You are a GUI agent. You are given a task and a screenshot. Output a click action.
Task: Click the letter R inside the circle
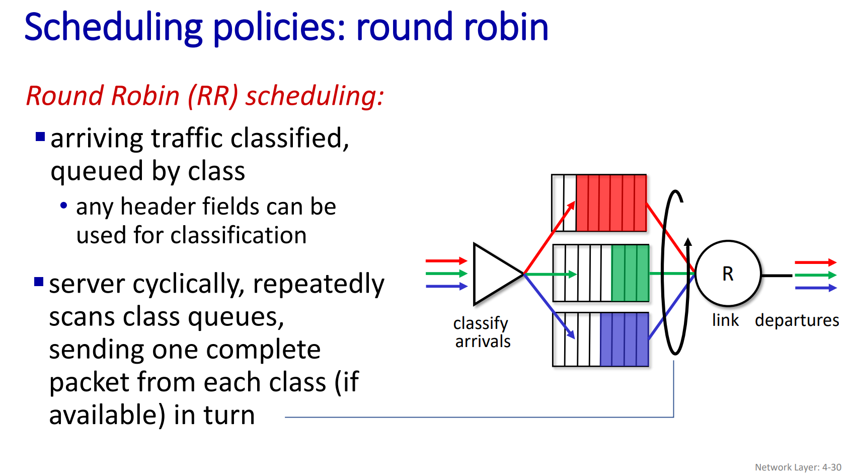pyautogui.click(x=728, y=274)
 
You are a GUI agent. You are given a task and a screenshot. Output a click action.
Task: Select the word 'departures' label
pyautogui.click(x=797, y=320)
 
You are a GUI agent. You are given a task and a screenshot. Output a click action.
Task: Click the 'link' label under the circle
pyautogui.click(x=725, y=320)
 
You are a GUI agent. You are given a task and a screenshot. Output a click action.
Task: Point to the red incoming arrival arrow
pyautogui.click(x=446, y=261)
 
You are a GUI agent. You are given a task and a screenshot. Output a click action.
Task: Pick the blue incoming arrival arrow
pyautogui.click(x=446, y=287)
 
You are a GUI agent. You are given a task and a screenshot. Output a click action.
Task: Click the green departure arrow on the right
pyautogui.click(x=815, y=275)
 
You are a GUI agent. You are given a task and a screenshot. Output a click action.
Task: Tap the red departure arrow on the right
pyautogui.click(x=815, y=262)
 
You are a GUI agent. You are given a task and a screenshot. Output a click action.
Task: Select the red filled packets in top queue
pyautogui.click(x=611, y=203)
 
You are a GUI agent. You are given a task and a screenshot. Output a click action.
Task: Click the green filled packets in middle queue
pyautogui.click(x=630, y=273)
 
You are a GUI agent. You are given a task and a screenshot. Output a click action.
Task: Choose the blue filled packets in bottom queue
pyautogui.click(x=624, y=339)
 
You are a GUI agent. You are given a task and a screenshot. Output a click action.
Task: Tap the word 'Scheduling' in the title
pyautogui.click(x=113, y=28)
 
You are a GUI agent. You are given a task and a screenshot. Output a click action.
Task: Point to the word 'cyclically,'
pyautogui.click(x=189, y=284)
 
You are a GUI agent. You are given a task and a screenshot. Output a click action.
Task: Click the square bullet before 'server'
pyautogui.click(x=39, y=281)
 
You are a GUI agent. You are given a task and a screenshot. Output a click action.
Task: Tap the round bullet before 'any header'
pyautogui.click(x=63, y=206)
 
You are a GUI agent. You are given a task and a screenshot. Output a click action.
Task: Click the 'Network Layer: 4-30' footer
pyautogui.click(x=798, y=467)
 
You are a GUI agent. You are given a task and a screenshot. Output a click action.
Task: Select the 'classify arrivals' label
pyautogui.click(x=482, y=332)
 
